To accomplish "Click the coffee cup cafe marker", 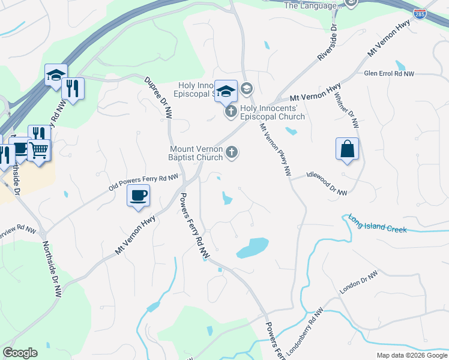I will click(138, 196).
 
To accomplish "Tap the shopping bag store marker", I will click(348, 149).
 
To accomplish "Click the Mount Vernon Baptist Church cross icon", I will click(231, 154).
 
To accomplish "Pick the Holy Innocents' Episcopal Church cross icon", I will click(231, 112).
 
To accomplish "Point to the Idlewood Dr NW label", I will click(327, 183).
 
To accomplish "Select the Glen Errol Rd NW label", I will click(389, 73).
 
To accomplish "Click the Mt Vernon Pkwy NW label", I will click(276, 150).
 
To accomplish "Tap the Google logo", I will click(20, 353).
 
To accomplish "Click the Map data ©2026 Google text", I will click(412, 355).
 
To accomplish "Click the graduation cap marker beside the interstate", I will click(55, 76).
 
